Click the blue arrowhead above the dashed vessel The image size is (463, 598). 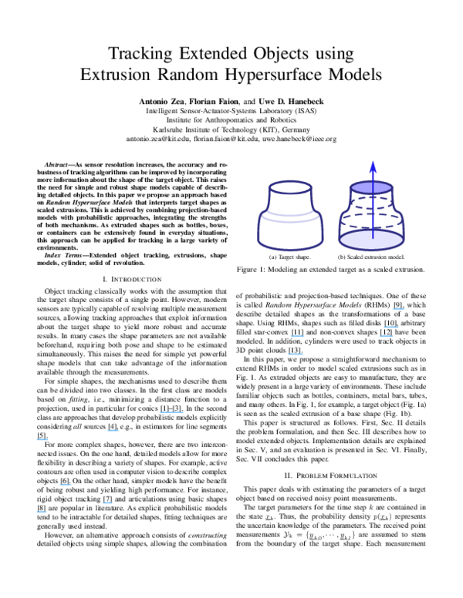point(373,166)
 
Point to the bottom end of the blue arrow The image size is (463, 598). point(373,237)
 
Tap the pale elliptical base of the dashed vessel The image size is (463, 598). point(371,240)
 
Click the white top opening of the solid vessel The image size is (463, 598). point(290,187)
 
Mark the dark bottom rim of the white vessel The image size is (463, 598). point(290,247)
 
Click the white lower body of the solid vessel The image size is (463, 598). point(290,231)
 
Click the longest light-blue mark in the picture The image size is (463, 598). point(171,412)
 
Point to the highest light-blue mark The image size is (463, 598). point(398,308)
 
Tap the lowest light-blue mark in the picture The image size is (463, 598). point(41,512)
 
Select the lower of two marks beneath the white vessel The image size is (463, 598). point(296,354)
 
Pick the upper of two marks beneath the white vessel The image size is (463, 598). point(297,335)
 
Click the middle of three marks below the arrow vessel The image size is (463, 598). point(390,327)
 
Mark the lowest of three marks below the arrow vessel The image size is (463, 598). point(386,335)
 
